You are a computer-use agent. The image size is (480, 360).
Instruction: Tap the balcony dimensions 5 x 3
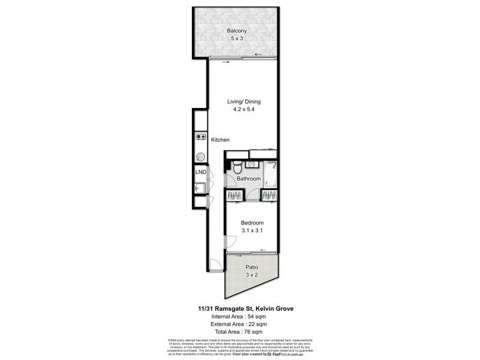236,38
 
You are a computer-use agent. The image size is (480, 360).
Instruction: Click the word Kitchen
220,140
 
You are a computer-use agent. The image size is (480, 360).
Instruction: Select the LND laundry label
201,173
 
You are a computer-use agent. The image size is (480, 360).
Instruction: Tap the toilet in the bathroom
238,167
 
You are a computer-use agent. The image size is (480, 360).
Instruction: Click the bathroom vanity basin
252,164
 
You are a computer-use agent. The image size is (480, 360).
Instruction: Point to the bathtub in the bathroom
272,174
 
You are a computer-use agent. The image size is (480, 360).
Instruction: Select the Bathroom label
248,179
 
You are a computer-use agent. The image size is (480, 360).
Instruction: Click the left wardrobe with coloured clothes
235,195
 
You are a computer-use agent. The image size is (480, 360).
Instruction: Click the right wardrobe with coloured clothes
269,195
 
